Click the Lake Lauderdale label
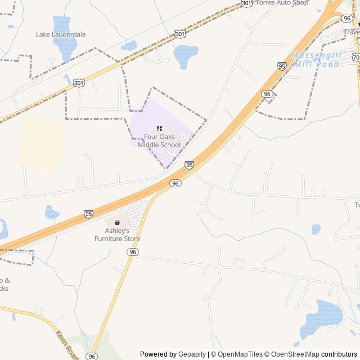[x=61, y=34]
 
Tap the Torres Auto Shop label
[x=282, y=3]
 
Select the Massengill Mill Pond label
[x=316, y=60]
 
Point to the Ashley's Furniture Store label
[x=117, y=235]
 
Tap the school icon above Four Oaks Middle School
[x=159, y=128]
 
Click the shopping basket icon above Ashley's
[x=117, y=223]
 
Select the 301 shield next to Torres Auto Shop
[x=246, y=3]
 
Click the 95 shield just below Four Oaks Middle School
[x=189, y=165]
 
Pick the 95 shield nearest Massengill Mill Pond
[x=282, y=66]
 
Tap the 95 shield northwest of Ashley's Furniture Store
[x=88, y=214]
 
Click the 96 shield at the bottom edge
[x=92, y=356]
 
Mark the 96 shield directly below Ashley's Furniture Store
[x=132, y=252]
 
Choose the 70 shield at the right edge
[x=356, y=57]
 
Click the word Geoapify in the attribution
[x=192, y=354]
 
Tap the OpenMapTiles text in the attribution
[x=240, y=354]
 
